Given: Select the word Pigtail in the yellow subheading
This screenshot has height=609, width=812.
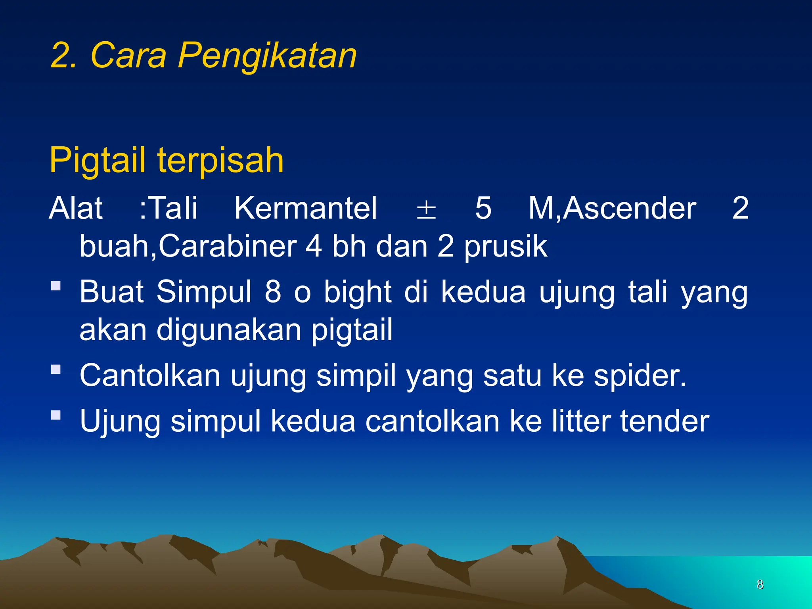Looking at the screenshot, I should (x=103, y=161).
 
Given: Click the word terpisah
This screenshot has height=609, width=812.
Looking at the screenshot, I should (x=220, y=161).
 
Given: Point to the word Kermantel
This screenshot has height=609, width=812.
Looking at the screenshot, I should (x=305, y=208).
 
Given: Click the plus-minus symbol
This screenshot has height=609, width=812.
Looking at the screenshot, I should (x=426, y=210).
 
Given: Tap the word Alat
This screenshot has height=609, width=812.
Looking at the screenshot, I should (x=76, y=208).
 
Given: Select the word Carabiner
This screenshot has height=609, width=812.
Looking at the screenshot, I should (x=228, y=246).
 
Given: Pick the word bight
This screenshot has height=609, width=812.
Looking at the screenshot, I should (x=358, y=292).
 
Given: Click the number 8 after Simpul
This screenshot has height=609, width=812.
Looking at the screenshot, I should (x=273, y=292).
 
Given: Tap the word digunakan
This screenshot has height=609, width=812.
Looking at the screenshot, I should (x=229, y=330).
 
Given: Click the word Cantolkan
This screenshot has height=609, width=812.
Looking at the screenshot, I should (x=150, y=375).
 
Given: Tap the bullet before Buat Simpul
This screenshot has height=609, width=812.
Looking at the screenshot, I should (x=56, y=286).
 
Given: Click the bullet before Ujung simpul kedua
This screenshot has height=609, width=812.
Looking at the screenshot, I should (x=56, y=415).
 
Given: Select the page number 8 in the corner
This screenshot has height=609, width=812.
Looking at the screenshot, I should (x=760, y=584).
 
